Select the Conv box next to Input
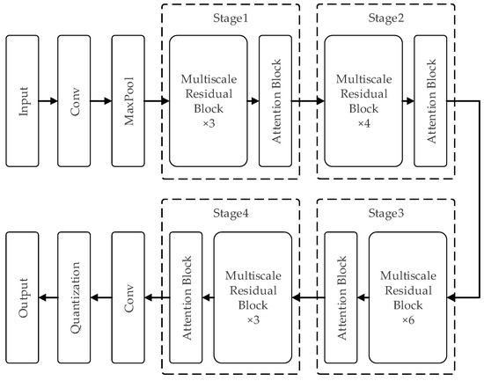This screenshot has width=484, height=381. point(75,102)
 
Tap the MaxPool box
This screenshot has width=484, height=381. point(129,102)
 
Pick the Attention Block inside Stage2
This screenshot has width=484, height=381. point(429,102)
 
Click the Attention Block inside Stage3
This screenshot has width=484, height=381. point(340,299)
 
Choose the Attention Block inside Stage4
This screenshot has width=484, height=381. point(186,299)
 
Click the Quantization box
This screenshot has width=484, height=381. point(75,299)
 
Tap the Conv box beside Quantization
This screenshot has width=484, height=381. point(129,299)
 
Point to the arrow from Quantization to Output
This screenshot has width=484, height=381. point(48,299)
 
